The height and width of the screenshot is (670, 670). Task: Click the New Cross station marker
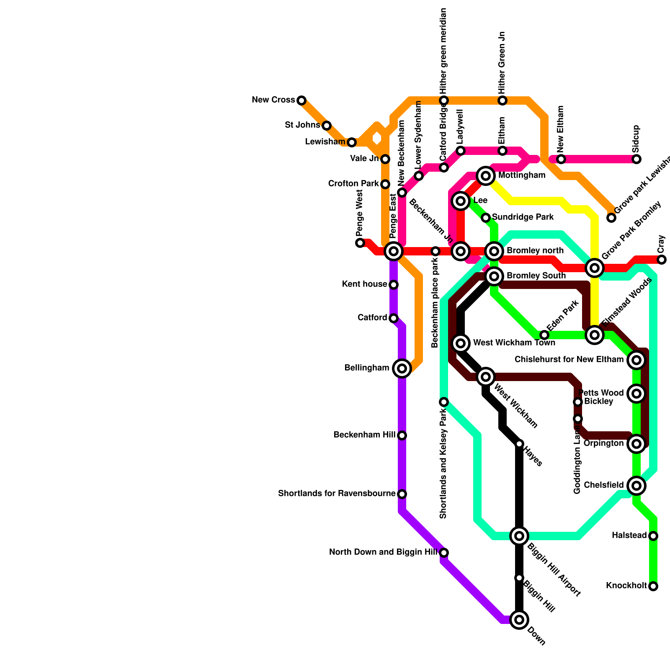click(301, 100)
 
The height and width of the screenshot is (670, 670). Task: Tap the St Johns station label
click(302, 125)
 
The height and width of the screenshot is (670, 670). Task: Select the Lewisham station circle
click(352, 142)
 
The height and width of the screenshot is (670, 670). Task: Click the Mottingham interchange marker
click(486, 176)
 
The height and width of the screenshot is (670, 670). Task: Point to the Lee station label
click(480, 201)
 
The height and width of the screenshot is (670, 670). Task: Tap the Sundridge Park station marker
click(486, 218)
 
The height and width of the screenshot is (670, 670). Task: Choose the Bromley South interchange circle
click(494, 276)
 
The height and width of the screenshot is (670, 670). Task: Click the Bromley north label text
click(535, 251)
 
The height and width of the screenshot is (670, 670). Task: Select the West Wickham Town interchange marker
click(461, 343)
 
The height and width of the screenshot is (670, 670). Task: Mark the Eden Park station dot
click(544, 335)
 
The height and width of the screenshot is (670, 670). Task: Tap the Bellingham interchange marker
click(402, 368)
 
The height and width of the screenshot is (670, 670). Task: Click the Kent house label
click(364, 284)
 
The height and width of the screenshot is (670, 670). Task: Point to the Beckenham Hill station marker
click(402, 435)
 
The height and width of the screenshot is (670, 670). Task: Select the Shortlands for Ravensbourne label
click(337, 494)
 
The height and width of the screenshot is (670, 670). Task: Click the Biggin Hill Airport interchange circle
click(519, 536)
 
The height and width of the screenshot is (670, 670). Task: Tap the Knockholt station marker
click(653, 586)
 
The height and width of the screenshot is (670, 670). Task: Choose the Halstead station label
click(629, 536)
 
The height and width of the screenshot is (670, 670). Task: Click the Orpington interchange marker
click(636, 444)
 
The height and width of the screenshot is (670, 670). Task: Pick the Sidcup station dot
click(636, 159)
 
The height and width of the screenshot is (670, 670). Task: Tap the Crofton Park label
click(353, 184)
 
